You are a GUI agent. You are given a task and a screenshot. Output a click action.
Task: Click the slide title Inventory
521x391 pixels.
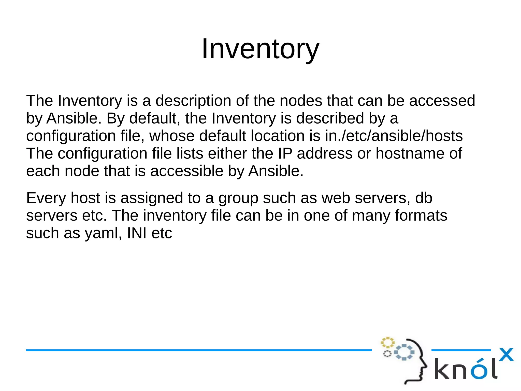click(260, 49)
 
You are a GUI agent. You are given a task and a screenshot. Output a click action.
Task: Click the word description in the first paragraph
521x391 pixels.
click(193, 101)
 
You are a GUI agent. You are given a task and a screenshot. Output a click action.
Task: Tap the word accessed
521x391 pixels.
click(442, 101)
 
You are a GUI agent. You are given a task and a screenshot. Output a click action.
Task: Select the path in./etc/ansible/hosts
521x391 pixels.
click(394, 136)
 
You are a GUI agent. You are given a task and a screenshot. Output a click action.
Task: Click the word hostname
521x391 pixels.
click(410, 153)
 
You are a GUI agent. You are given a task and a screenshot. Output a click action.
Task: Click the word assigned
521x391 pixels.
click(152, 198)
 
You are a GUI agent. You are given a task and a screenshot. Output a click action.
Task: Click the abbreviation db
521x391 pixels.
click(424, 198)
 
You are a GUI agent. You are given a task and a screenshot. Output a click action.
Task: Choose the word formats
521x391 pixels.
click(421, 215)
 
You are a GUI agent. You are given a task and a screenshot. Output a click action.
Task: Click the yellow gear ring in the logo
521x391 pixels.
click(387, 342)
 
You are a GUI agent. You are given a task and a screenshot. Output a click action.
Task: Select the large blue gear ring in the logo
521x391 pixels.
click(404, 352)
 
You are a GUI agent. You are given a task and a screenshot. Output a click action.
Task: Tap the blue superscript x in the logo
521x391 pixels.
click(506, 355)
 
